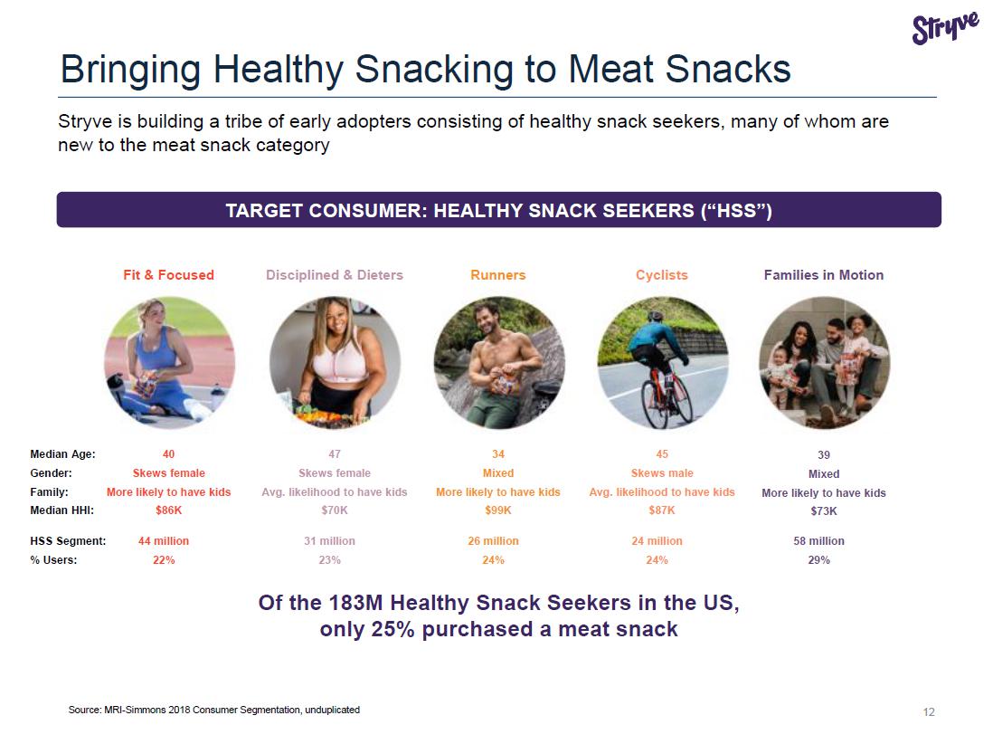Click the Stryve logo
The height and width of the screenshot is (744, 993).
(x=945, y=28)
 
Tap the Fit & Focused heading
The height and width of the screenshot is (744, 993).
(x=168, y=275)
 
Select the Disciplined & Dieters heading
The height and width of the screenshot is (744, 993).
(x=335, y=275)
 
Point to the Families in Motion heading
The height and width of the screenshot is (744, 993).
(x=823, y=275)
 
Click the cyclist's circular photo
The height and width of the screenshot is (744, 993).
(x=662, y=363)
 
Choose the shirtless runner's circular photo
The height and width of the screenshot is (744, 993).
(x=499, y=363)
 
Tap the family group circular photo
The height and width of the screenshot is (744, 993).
(x=825, y=363)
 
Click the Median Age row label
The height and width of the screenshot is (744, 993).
(x=62, y=453)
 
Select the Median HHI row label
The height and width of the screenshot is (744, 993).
(x=62, y=510)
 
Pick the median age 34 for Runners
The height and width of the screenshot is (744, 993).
(x=498, y=453)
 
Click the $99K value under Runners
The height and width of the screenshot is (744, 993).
(x=498, y=510)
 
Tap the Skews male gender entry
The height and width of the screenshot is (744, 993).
(x=662, y=472)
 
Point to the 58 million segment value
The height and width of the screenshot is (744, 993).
(x=818, y=540)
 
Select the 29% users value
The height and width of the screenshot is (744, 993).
(x=818, y=559)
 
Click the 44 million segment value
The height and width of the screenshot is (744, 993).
(x=164, y=540)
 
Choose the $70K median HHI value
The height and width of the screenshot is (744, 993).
(x=335, y=510)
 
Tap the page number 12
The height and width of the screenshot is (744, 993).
(x=929, y=711)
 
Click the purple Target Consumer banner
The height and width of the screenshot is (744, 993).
(x=499, y=210)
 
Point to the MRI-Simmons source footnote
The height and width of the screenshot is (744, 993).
(x=214, y=710)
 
